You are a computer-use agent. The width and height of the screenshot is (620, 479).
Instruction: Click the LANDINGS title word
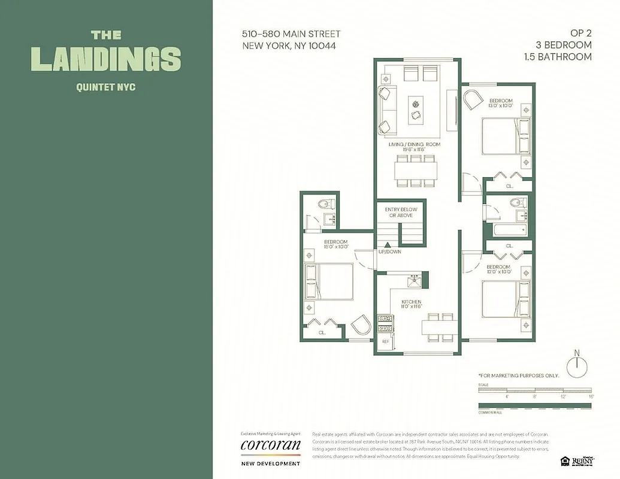[x=105, y=59]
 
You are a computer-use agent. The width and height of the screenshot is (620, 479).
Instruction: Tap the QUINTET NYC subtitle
[x=105, y=87]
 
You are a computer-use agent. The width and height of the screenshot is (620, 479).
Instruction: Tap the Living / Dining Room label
[x=413, y=144]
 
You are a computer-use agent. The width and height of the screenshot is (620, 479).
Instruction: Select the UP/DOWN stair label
[x=389, y=251]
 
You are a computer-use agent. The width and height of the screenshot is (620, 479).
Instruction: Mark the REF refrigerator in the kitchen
[x=385, y=341]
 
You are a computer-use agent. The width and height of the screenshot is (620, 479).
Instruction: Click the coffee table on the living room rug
[x=415, y=110]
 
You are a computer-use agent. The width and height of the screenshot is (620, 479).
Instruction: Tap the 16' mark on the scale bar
[x=590, y=396]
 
